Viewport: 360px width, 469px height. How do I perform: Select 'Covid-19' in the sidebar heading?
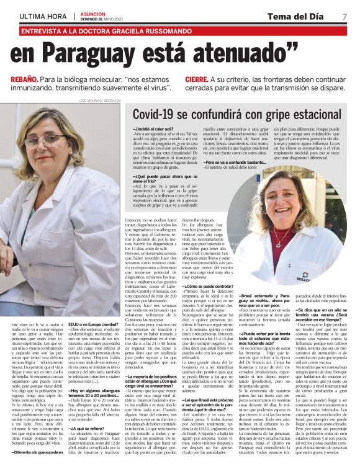click(x=163, y=114)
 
